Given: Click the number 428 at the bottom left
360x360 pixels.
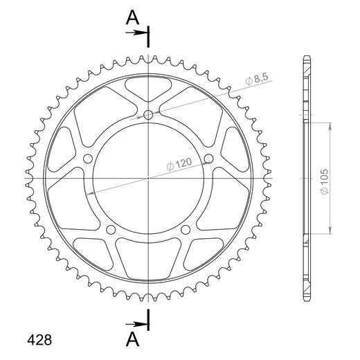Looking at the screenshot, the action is pyautogui.click(x=39, y=340).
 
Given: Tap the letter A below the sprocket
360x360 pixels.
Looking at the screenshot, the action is pyautogui.click(x=132, y=339).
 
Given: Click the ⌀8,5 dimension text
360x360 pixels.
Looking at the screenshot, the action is pyautogui.click(x=257, y=79).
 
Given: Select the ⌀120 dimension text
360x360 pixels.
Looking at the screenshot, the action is pyautogui.click(x=179, y=164).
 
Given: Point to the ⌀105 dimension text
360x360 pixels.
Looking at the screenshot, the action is pyautogui.click(x=325, y=181).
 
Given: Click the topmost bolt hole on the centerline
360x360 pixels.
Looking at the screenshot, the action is pyautogui.click(x=148, y=115).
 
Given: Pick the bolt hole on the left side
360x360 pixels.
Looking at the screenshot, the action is pyautogui.click(x=88, y=159).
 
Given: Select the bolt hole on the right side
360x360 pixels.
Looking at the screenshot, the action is pyautogui.click(x=208, y=159).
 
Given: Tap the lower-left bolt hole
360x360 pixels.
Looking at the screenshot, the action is pyautogui.click(x=111, y=230).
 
